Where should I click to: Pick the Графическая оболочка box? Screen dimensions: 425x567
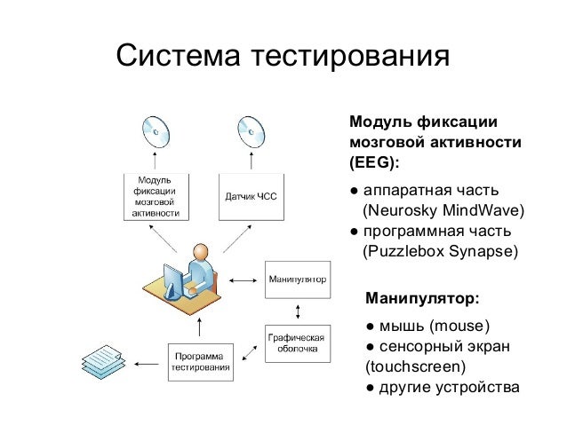[298, 343]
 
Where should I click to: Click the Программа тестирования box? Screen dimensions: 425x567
[202, 363]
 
